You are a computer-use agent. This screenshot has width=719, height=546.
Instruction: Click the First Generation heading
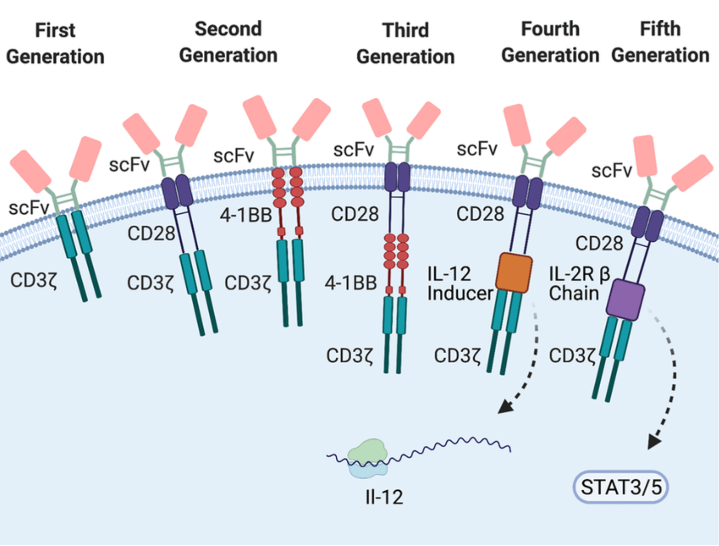pos(55,44)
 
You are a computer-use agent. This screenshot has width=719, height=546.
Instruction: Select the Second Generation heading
pos(228,42)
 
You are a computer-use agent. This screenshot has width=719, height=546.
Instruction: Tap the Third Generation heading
pos(405,44)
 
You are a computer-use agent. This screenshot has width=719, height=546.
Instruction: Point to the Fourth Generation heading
pos(550,42)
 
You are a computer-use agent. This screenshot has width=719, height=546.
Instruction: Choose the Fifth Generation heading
pos(660,42)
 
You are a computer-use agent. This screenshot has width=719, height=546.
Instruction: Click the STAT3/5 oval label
pos(621,487)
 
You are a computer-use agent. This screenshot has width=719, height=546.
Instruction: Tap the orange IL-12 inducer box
pos(514,272)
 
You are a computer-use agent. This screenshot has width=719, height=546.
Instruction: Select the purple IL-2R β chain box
pos(625,299)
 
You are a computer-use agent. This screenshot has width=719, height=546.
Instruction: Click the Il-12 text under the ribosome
pos(384,497)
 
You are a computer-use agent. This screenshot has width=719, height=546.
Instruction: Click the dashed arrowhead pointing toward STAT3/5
pos(654,442)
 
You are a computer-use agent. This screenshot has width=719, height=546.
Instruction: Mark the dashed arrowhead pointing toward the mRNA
pos(504,406)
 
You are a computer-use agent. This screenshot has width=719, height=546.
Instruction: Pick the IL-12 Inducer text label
pos(460,283)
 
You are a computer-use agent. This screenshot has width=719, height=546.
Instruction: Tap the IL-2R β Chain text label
pos(579,283)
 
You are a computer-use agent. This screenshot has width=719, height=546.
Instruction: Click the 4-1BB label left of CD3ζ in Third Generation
pos(350,283)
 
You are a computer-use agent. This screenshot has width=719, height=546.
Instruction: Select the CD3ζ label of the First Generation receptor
pos(34,280)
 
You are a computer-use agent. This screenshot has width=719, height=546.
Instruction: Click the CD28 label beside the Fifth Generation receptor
pos(599,243)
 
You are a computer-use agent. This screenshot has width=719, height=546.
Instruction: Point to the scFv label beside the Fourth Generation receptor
pos(477,149)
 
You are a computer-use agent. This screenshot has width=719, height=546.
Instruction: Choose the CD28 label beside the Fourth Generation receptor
pos(480,214)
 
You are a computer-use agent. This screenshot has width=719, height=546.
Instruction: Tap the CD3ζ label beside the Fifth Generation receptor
pos(572,355)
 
